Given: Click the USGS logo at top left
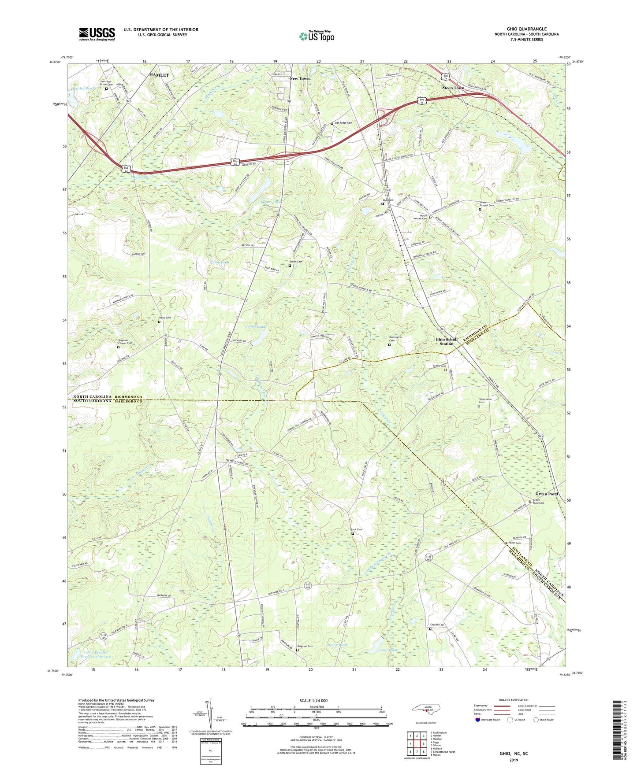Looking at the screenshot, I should pyautogui.click(x=97, y=34).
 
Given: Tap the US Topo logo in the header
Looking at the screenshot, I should pyautogui.click(x=316, y=36).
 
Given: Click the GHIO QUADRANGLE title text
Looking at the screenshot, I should pyautogui.click(x=526, y=29).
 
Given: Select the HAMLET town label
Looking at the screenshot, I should pyautogui.click(x=159, y=75).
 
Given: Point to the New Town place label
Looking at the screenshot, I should pyautogui.click(x=299, y=78).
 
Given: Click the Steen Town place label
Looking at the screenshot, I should pyautogui.click(x=453, y=88).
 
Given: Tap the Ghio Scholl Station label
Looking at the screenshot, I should pyautogui.click(x=447, y=341).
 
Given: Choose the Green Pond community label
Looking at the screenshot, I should pyautogui.click(x=546, y=494).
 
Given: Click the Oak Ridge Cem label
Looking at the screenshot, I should pyautogui.click(x=343, y=123).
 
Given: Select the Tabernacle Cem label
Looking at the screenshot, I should pyautogui.click(x=485, y=401).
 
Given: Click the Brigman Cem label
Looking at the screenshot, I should pyautogui.click(x=305, y=646).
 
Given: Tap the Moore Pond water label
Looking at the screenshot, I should pyautogui.click(x=337, y=645).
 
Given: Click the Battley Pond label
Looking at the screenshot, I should pyautogui.click(x=83, y=89).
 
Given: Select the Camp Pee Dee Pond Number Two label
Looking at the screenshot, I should pyautogui.click(x=96, y=654).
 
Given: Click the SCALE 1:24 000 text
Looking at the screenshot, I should pyautogui.click(x=316, y=700).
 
